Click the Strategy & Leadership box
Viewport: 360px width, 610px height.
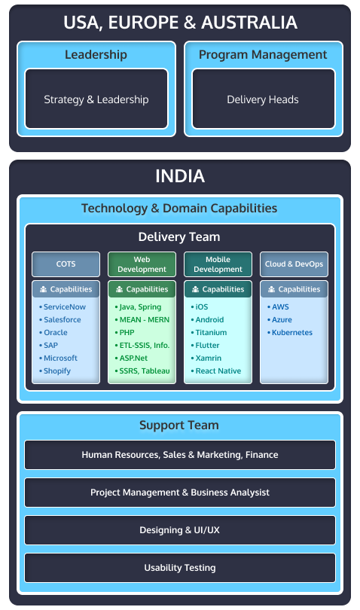coord(96,99)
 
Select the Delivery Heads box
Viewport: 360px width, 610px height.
coord(264,99)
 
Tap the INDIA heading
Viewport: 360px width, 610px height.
coord(180,175)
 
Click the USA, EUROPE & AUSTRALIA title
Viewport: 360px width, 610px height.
coord(180,22)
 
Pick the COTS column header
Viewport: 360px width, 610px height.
coord(66,264)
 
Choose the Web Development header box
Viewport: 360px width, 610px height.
coord(142,264)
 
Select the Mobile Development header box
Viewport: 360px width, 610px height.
coord(218,264)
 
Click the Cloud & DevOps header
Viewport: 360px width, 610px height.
coord(294,264)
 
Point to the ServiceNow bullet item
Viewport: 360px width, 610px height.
coord(63,307)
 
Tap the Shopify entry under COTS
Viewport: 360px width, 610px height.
coord(55,371)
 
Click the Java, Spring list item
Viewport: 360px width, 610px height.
coord(138,307)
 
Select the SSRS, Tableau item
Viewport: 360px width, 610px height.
coord(142,371)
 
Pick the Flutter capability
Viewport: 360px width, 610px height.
coord(205,345)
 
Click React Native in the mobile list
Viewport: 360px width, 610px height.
coord(216,371)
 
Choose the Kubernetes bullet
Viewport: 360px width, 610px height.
coord(290,333)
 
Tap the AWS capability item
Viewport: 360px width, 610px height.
coord(278,307)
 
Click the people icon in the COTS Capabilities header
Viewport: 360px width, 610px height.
coord(43,289)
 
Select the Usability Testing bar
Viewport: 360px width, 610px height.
coord(180,568)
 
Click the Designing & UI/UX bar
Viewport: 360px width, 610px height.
coord(180,530)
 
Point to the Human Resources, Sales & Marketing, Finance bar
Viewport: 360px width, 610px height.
coord(180,455)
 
